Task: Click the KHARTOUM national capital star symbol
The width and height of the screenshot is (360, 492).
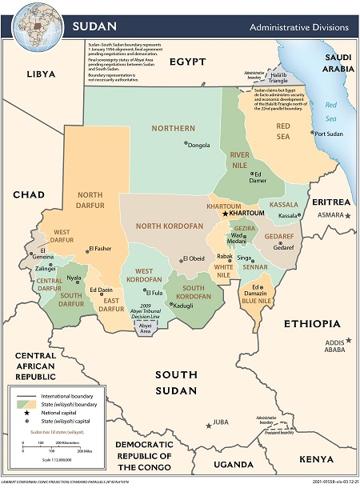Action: tap(225, 214)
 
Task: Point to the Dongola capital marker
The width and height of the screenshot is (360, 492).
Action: tap(186, 144)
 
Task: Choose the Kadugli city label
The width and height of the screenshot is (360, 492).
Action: tap(183, 306)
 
